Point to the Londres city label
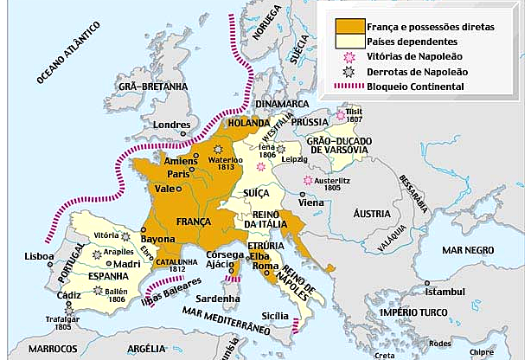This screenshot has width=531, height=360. coord(171,124)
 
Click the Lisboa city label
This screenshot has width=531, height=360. coord(41,257)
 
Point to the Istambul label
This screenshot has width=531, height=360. coord(447,292)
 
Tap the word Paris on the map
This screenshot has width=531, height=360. coord(178,174)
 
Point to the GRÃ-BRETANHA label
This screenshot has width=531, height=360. coord(154,87)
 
